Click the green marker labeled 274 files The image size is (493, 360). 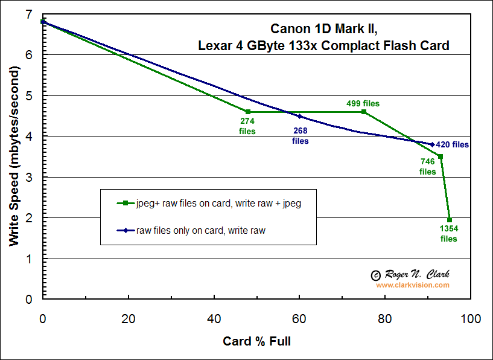click(248, 112)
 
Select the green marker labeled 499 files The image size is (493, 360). click(364, 112)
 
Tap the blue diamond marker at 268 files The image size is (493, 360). click(299, 116)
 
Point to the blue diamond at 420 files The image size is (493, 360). click(432, 144)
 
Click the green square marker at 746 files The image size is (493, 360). click(441, 156)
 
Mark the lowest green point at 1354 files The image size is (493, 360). click(450, 220)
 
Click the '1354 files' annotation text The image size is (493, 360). click(448, 234)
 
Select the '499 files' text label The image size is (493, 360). click(363, 103)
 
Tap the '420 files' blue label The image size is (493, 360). click(452, 145)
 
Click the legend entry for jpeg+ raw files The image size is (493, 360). click(209, 204)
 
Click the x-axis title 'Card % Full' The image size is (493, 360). click(256, 341)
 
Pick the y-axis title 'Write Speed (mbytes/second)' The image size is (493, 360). click(14, 156)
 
